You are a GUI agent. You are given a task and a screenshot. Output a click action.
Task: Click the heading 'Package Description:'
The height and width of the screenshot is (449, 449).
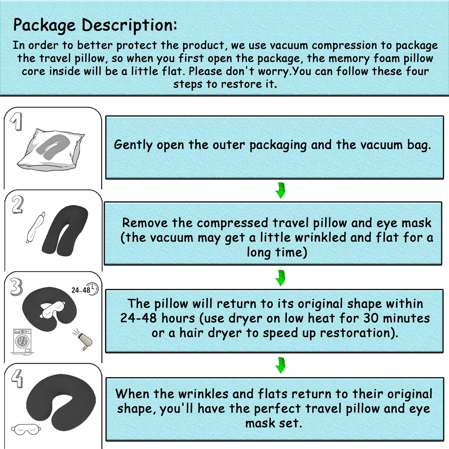pos(95,25)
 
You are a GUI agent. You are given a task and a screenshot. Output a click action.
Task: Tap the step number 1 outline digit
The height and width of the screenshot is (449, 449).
pos(16,121)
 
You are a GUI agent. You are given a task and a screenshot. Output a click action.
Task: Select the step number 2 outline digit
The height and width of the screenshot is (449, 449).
pos(17,205)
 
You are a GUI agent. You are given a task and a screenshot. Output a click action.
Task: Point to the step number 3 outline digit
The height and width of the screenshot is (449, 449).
pos(16,286)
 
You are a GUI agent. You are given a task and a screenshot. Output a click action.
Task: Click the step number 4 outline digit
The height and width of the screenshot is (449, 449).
pos(17,378)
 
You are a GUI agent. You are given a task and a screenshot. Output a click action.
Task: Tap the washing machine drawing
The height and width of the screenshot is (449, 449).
pos(22,341)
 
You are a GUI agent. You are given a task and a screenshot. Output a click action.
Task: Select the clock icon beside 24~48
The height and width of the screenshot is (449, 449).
pos(92,289)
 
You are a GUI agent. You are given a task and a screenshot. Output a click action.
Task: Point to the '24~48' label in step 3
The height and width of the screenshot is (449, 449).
pos(80,290)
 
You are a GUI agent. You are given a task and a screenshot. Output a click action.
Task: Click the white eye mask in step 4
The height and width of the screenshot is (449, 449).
pos(26,430)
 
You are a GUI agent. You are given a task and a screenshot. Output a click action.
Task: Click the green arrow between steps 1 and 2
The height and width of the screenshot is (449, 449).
pos(280,190)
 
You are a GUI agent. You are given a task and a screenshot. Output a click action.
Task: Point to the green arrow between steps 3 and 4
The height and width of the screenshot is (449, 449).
pos(280,365)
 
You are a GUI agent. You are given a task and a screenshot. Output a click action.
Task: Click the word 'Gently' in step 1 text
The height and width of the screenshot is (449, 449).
pos(133,145)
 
